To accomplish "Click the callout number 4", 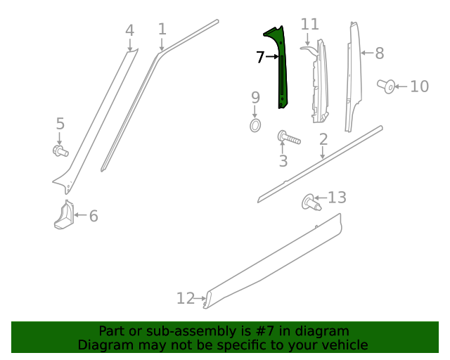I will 129,30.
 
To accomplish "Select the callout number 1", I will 162,30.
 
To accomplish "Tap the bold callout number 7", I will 260,56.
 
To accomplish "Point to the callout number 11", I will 310,25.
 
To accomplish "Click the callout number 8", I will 380,53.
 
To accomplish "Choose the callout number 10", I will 419,86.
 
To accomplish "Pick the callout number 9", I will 255,97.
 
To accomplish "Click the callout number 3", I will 283,162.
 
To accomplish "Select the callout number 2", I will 323,139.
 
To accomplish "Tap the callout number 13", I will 337,197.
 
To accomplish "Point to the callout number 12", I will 185,299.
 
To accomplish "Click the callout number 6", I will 94,216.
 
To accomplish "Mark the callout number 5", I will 60,124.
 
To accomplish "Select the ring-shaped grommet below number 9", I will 255,125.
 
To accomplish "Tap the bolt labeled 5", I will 60,150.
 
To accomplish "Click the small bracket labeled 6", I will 63,216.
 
